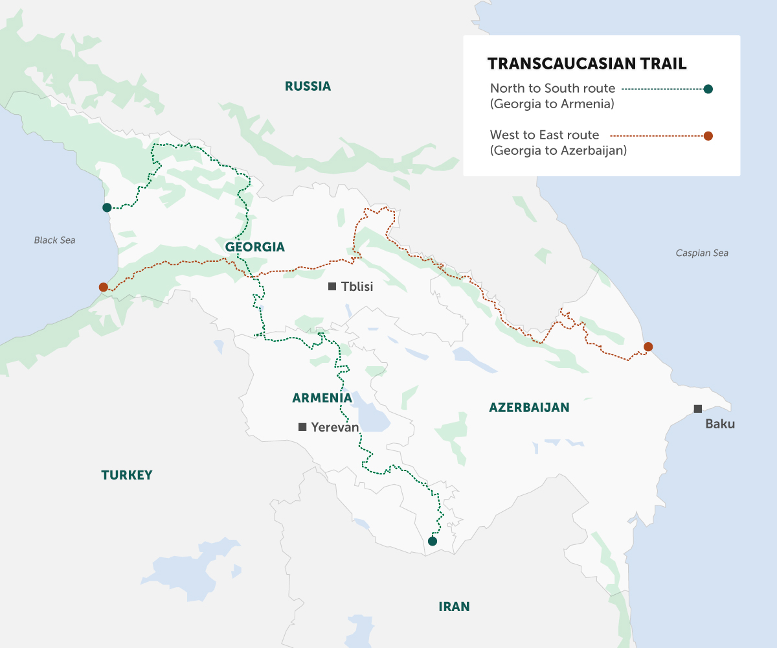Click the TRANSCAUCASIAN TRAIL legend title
coord(587,64)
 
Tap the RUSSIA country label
coord(308,86)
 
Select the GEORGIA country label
coord(254,247)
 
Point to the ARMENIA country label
coord(322,398)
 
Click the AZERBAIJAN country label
coord(529,408)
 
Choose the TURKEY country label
coord(127,475)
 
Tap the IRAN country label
coord(454,607)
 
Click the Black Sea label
coord(54,240)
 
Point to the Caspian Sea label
coord(701,253)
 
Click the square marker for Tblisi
coord(332,286)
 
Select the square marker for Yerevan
coord(302,427)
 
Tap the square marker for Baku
coord(697,409)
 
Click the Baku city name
coord(720,425)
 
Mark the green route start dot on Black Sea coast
coord(107,207)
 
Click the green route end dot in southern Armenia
coord(433,540)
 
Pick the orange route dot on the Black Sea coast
coord(103,287)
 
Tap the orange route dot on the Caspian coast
coord(648,347)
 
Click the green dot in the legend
coord(708,89)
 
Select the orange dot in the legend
coord(708,136)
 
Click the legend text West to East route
coord(545,135)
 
